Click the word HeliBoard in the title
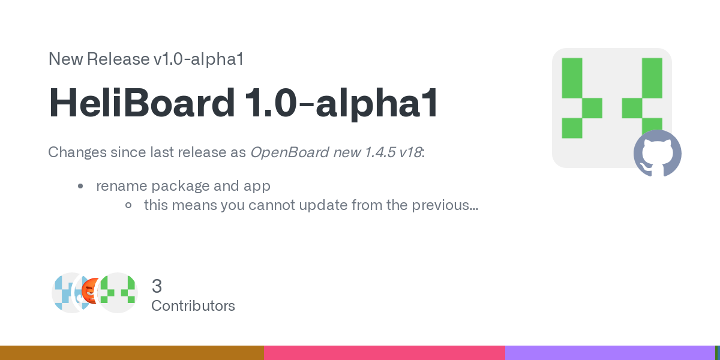142,103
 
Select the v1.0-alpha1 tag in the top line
199,59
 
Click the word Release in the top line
118,59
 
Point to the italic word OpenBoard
290,152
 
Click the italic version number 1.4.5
380,152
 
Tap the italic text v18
410,152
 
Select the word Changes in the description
77,152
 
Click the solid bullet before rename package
80,186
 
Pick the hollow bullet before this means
128,205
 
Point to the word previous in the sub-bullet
445,205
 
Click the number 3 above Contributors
157,286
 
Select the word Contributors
193,305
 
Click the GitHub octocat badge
658,154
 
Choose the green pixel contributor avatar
118,293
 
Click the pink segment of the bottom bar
385,353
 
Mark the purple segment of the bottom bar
610,353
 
